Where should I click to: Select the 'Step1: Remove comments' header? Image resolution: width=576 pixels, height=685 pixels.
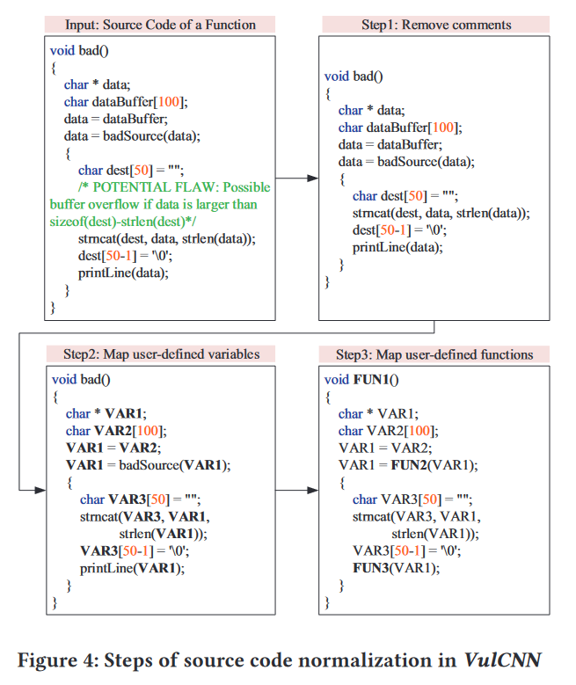(436, 24)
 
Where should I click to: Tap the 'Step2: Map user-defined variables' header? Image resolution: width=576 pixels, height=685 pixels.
(161, 354)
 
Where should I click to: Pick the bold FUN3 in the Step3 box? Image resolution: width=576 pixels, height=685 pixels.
(370, 567)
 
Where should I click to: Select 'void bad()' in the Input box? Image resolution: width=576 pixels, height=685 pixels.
(79, 50)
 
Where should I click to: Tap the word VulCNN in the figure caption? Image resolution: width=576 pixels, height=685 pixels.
(504, 659)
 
